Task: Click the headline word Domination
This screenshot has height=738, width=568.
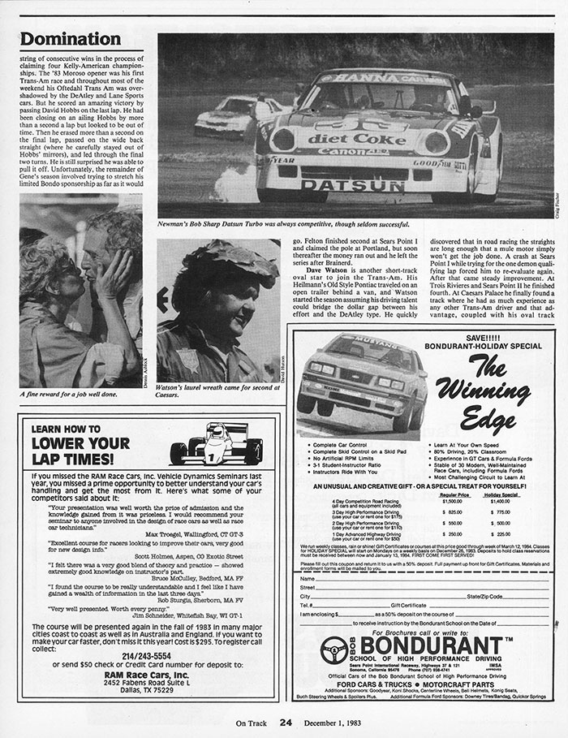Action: click(x=71, y=38)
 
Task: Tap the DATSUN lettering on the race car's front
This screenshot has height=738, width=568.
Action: click(x=352, y=185)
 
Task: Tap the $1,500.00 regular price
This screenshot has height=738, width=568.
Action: click(x=451, y=502)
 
